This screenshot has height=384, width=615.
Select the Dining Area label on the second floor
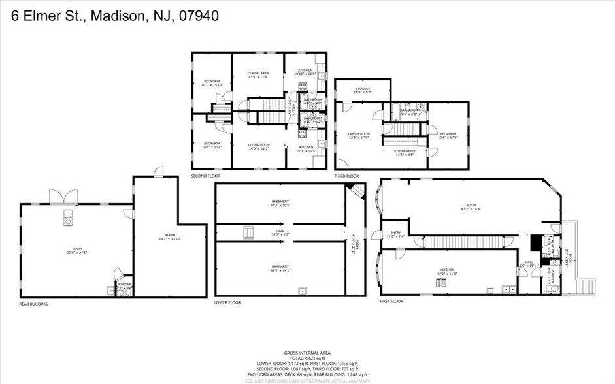point(258,73)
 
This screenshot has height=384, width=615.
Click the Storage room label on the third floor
point(363,89)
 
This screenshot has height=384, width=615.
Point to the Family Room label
point(359,133)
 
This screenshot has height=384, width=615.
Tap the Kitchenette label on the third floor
point(405,151)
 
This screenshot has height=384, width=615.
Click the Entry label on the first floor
point(395,232)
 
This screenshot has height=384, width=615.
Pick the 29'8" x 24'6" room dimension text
point(76,252)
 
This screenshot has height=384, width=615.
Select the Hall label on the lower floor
point(280,230)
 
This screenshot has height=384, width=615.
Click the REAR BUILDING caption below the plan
point(33,304)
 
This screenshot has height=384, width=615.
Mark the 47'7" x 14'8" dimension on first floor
point(471,209)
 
